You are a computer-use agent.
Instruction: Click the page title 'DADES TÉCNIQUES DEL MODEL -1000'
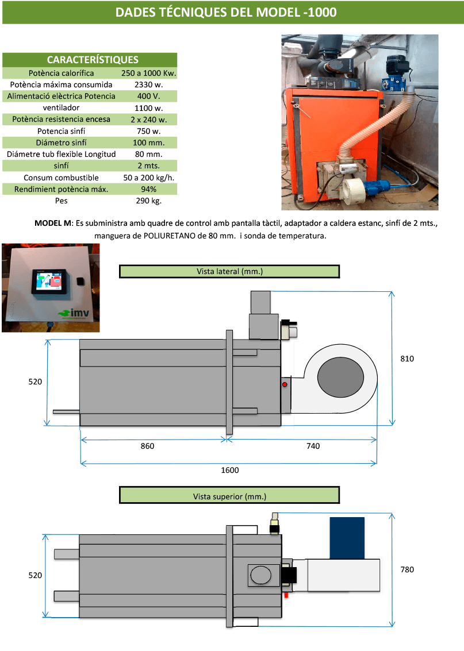(226, 13)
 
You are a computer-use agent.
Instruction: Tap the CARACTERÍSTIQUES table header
(93, 60)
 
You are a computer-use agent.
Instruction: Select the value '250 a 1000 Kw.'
(149, 73)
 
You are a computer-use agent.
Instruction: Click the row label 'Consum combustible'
(61, 178)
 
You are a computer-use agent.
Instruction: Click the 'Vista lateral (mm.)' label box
(229, 271)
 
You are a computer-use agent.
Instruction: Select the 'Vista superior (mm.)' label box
(229, 495)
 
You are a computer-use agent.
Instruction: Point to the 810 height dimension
(407, 359)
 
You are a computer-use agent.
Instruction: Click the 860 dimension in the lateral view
(148, 446)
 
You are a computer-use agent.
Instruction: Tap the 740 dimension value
(313, 446)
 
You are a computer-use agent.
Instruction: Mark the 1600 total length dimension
(229, 470)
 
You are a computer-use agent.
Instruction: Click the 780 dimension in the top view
(407, 570)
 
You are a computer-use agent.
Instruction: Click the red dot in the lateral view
(284, 384)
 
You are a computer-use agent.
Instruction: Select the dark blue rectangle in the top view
(347, 537)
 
